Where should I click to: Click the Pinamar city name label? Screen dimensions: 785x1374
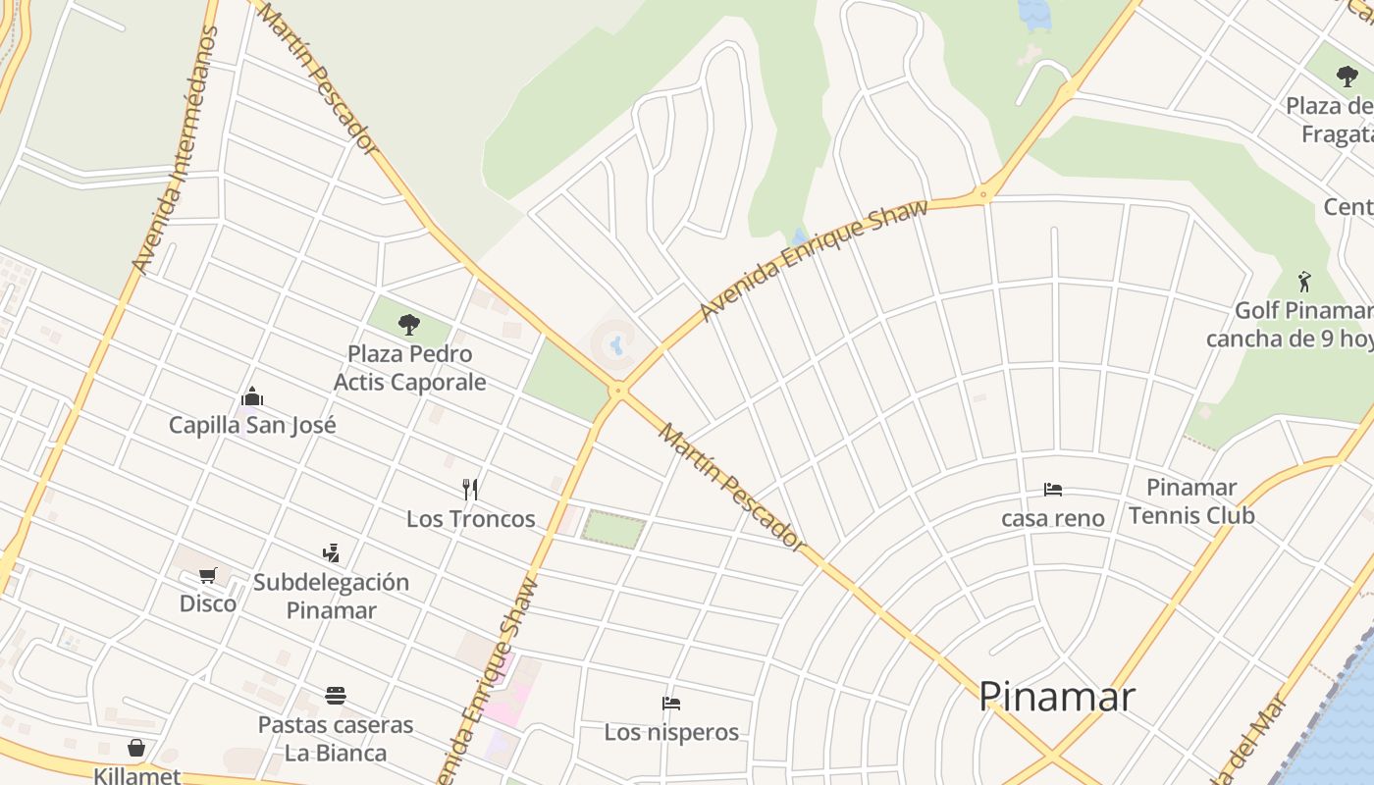click(x=1057, y=697)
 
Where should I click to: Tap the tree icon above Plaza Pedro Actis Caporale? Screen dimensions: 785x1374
click(x=409, y=324)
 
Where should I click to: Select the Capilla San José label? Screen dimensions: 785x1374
click(x=252, y=425)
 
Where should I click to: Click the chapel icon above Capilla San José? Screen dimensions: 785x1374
click(x=252, y=397)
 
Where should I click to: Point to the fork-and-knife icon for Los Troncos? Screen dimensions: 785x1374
click(x=470, y=489)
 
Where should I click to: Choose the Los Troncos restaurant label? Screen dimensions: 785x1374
click(x=471, y=518)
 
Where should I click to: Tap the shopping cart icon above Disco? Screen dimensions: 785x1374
click(x=207, y=576)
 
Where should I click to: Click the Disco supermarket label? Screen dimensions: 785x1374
click(x=207, y=602)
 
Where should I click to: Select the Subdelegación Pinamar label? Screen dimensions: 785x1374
click(x=331, y=596)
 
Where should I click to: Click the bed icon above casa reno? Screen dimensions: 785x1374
click(x=1053, y=490)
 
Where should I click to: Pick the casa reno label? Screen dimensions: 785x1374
click(x=1053, y=517)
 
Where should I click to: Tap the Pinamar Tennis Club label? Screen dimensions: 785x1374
click(x=1191, y=500)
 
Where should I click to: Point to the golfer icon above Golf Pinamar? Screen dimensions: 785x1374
click(x=1303, y=282)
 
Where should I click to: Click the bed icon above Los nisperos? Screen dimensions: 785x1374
click(x=671, y=704)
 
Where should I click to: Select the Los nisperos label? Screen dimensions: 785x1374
click(x=671, y=732)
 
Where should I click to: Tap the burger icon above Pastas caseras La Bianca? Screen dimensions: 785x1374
click(x=336, y=697)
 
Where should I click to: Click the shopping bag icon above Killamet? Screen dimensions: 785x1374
click(x=136, y=749)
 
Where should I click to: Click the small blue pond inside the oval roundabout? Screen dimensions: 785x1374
click(x=616, y=345)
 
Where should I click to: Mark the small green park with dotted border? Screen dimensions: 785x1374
click(x=614, y=529)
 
